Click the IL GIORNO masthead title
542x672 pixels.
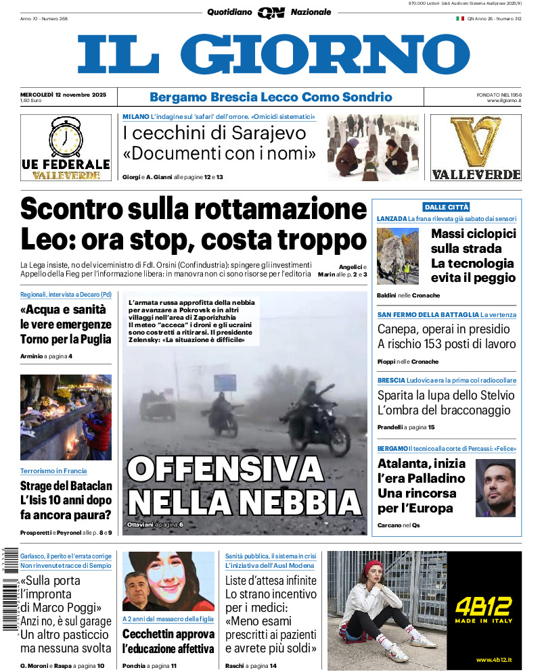pyautogui.click(x=273, y=54)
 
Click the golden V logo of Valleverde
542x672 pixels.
pyautogui.click(x=476, y=141)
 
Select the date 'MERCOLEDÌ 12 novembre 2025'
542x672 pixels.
pyautogui.click(x=63, y=94)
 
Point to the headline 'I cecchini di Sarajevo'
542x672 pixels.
pyautogui.click(x=214, y=133)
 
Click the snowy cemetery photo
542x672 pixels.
pyautogui.click(x=373, y=147)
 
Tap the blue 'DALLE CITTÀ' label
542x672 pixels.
pyautogui.click(x=446, y=207)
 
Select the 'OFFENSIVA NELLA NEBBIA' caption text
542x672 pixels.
pyautogui.click(x=244, y=485)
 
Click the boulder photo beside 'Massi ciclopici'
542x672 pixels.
pyautogui.click(x=398, y=256)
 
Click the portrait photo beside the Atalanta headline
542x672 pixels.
pyautogui.click(x=495, y=487)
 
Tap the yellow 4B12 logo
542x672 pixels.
pyautogui.click(x=483, y=606)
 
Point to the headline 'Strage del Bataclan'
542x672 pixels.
pyautogui.click(x=66, y=485)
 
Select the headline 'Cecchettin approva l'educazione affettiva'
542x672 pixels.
pyautogui.click(x=168, y=642)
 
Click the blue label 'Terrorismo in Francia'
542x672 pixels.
pyautogui.click(x=53, y=471)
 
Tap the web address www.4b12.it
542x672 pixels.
pyautogui.click(x=492, y=660)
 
